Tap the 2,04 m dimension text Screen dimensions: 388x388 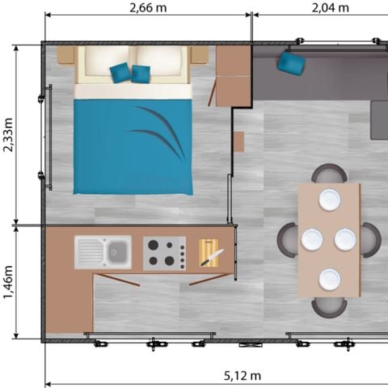330,8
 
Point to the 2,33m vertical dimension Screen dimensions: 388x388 9,137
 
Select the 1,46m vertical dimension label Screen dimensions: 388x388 9,282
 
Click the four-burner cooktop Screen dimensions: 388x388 164,252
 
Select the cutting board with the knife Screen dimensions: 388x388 209,254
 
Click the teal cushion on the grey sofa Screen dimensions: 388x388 290,63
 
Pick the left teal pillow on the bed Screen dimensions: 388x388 120,73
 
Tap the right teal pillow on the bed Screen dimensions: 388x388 141,74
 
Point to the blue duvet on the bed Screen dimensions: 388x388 133,145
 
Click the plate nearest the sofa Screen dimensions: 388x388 329,199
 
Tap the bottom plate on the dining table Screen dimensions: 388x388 329,280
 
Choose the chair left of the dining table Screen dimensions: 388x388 287,240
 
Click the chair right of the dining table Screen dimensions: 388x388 372,240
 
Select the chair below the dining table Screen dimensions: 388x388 329,306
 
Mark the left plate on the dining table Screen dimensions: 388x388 312,239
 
